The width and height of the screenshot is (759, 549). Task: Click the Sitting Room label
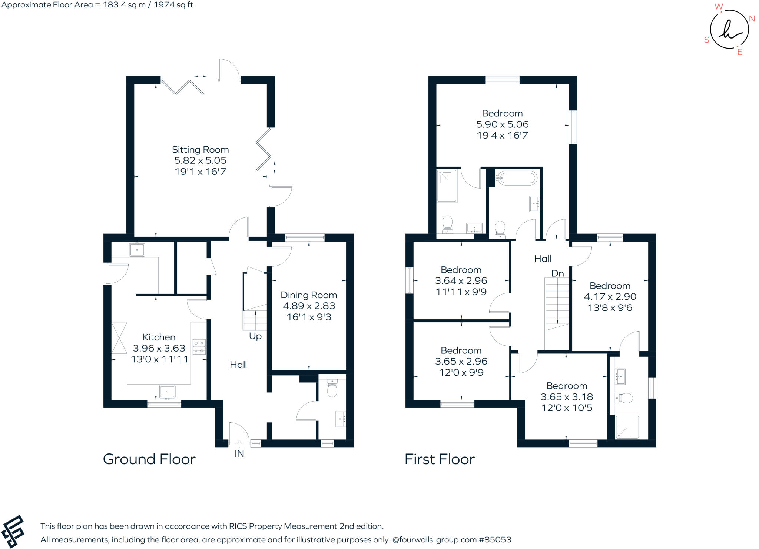[200, 150]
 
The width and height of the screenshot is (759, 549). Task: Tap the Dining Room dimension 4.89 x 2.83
[309, 306]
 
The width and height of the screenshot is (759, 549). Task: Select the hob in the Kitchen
[199, 347]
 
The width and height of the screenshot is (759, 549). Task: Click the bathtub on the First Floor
[517, 178]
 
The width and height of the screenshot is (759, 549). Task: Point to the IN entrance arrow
[239, 444]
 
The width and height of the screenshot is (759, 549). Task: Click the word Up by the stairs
[255, 336]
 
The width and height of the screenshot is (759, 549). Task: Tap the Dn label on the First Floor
[557, 274]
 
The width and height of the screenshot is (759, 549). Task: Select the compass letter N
[752, 19]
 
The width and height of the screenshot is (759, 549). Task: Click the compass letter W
[718, 7]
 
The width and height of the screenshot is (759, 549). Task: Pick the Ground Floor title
[149, 459]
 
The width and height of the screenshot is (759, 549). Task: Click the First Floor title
[439, 459]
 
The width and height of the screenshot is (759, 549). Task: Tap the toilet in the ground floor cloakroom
[332, 388]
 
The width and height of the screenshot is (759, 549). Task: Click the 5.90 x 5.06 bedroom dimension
[502, 124]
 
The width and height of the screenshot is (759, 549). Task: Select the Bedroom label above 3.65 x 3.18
[566, 386]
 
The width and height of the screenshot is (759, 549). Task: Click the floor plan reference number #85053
[495, 540]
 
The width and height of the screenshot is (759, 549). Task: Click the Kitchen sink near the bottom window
[167, 392]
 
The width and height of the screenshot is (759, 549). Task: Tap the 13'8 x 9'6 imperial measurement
[610, 308]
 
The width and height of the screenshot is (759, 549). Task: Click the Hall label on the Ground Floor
[238, 365]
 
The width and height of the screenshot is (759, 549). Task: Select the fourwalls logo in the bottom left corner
[13, 531]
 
